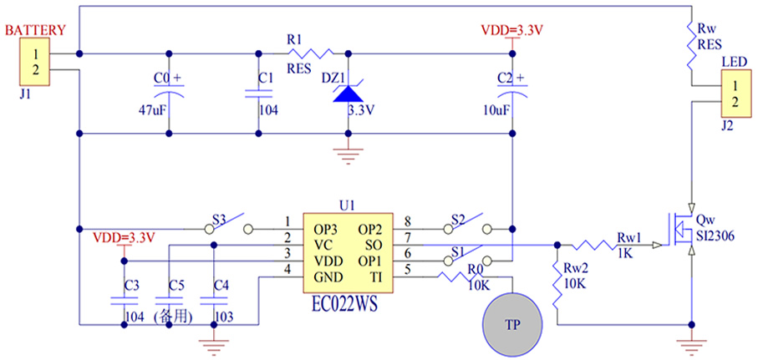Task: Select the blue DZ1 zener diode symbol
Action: point(347,92)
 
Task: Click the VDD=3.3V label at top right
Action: point(513,31)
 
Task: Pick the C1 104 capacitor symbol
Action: point(257,93)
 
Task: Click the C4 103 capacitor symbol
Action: point(214,298)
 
